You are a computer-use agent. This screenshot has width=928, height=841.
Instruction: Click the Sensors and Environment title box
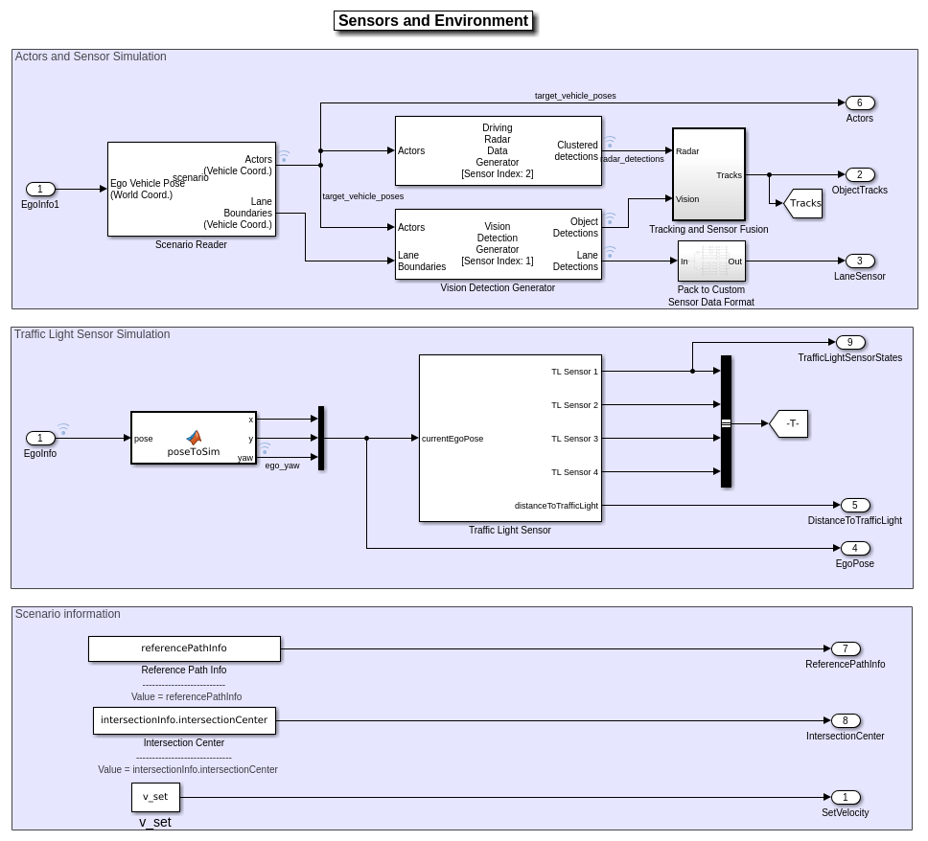[433, 21]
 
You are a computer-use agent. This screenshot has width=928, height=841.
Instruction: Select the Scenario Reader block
[192, 189]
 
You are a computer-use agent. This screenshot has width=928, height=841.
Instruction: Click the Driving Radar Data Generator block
[498, 150]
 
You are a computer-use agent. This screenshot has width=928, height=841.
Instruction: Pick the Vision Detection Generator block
[498, 244]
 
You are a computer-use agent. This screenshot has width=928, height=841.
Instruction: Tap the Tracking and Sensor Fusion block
[708, 174]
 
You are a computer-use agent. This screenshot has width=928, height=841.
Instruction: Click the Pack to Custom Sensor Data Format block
[710, 261]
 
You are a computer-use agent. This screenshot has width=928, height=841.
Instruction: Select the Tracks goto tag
[803, 203]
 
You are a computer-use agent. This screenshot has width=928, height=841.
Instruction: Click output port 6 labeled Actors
[859, 102]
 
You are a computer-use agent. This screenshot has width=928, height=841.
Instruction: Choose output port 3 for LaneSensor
[859, 261]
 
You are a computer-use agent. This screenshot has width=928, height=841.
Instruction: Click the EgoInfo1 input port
[40, 189]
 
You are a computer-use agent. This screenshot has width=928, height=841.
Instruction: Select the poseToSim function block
[194, 438]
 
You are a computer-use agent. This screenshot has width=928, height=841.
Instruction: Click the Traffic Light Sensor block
[510, 438]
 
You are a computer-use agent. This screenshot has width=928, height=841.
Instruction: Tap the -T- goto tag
[790, 423]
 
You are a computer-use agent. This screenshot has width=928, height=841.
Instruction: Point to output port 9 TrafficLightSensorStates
[849, 342]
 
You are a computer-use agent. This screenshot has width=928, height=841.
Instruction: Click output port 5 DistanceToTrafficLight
[854, 505]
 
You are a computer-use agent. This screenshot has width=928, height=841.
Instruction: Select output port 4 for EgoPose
[854, 548]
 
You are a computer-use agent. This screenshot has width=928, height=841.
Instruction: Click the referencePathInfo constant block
[184, 648]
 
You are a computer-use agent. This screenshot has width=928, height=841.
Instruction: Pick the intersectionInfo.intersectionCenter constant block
[184, 720]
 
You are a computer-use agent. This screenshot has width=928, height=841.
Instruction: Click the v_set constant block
[155, 797]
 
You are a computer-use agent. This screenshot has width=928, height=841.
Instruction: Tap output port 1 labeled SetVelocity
[845, 797]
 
